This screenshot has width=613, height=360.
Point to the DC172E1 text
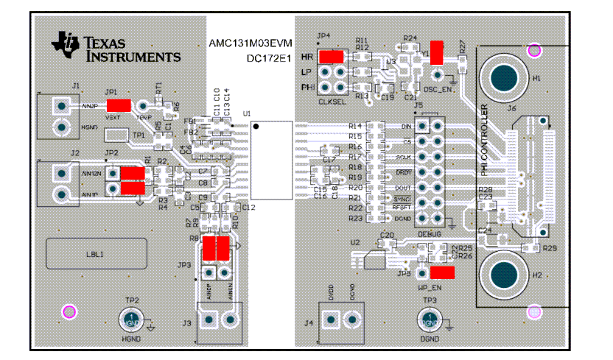point(265,58)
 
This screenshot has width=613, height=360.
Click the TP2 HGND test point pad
point(130,320)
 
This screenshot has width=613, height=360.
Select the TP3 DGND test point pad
point(428,320)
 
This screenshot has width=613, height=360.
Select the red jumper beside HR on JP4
point(332,57)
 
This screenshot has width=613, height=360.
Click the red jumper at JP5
point(443,272)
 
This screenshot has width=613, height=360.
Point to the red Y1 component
point(437,52)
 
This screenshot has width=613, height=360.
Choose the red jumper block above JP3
point(217,250)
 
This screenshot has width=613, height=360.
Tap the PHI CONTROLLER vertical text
point(484,141)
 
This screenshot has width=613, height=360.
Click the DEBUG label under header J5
point(430,233)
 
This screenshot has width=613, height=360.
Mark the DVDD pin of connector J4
point(331,320)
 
